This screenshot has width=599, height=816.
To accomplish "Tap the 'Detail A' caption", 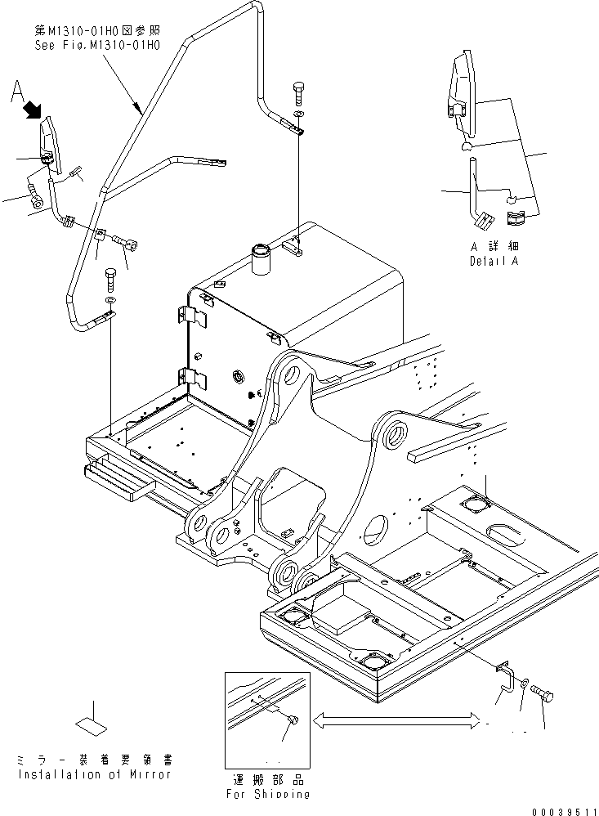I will click(x=494, y=261).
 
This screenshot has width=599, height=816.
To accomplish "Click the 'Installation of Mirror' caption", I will click(x=95, y=774).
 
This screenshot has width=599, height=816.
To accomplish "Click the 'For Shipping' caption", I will click(x=267, y=792).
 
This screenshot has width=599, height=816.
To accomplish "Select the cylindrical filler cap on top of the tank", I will click(x=264, y=258).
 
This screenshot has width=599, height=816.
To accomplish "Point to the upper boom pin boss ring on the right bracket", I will click(x=396, y=433).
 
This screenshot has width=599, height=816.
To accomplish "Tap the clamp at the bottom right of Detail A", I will click(x=516, y=218).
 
